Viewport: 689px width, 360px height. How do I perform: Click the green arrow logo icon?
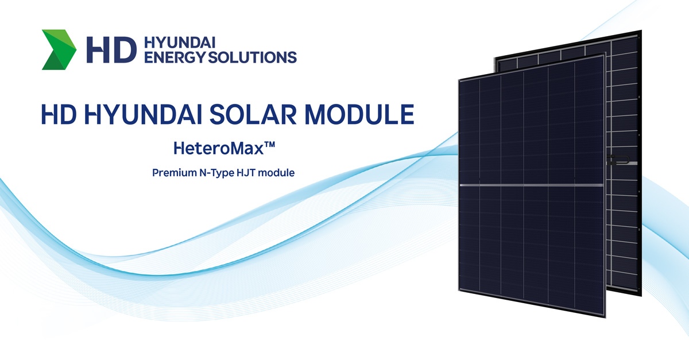click(x=59, y=49)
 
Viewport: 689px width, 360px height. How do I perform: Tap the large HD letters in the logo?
click(x=111, y=50)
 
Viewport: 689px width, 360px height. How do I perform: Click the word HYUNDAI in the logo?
click(x=180, y=42)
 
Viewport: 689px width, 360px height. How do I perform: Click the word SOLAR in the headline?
click(x=253, y=114)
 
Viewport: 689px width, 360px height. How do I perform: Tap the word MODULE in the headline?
click(x=359, y=114)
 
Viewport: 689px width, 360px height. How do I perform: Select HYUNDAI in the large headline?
click(x=143, y=114)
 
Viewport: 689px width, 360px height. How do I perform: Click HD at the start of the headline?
click(x=59, y=114)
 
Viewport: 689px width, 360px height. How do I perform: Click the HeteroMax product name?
click(x=219, y=148)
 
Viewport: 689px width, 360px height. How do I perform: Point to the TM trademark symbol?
click(x=269, y=145)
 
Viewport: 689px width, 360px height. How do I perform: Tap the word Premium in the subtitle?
click(x=175, y=173)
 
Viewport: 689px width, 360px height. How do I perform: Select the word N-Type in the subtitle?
click(x=216, y=173)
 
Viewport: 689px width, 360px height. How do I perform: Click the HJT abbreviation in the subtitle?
click(x=246, y=173)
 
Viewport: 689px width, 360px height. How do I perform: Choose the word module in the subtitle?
click(x=276, y=173)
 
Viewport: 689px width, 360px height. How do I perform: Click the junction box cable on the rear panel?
click(x=619, y=160)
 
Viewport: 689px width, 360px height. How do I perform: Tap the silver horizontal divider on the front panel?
click(x=532, y=185)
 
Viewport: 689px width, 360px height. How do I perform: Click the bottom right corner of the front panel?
click(x=605, y=318)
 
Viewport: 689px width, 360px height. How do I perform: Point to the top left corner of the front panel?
click(x=459, y=80)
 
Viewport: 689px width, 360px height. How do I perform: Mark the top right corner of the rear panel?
click(x=641, y=30)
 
